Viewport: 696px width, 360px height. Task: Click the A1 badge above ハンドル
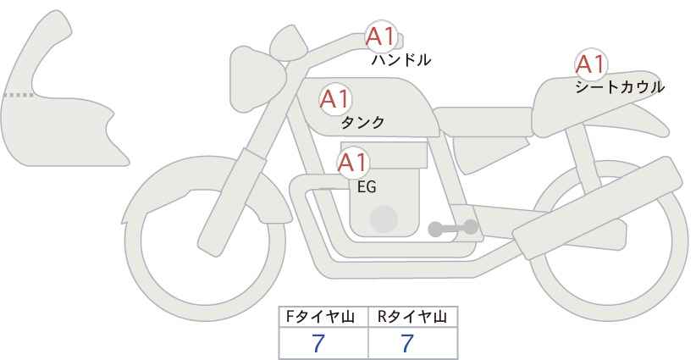tap(380, 36)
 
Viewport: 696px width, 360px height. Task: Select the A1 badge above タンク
tap(335, 99)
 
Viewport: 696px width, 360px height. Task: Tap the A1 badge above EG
tap(352, 163)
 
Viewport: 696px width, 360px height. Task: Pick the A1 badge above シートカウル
tap(590, 64)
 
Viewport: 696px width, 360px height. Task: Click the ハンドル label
tap(400, 60)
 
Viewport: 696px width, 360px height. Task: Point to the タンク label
tap(362, 122)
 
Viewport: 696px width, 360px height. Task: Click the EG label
tap(367, 187)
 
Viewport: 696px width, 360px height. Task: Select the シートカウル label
tap(620, 87)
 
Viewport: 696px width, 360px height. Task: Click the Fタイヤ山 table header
tap(320, 317)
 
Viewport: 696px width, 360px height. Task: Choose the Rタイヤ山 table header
tap(412, 317)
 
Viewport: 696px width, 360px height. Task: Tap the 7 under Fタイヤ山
tap(318, 343)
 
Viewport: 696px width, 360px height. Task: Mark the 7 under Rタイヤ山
tap(407, 343)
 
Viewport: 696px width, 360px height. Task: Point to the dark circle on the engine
tap(384, 219)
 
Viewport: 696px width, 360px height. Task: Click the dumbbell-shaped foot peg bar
tap(453, 228)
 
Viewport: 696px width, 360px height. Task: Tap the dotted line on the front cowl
tap(19, 95)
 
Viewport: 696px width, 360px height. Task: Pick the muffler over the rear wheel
tap(597, 208)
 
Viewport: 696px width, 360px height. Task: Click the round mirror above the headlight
tap(288, 42)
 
